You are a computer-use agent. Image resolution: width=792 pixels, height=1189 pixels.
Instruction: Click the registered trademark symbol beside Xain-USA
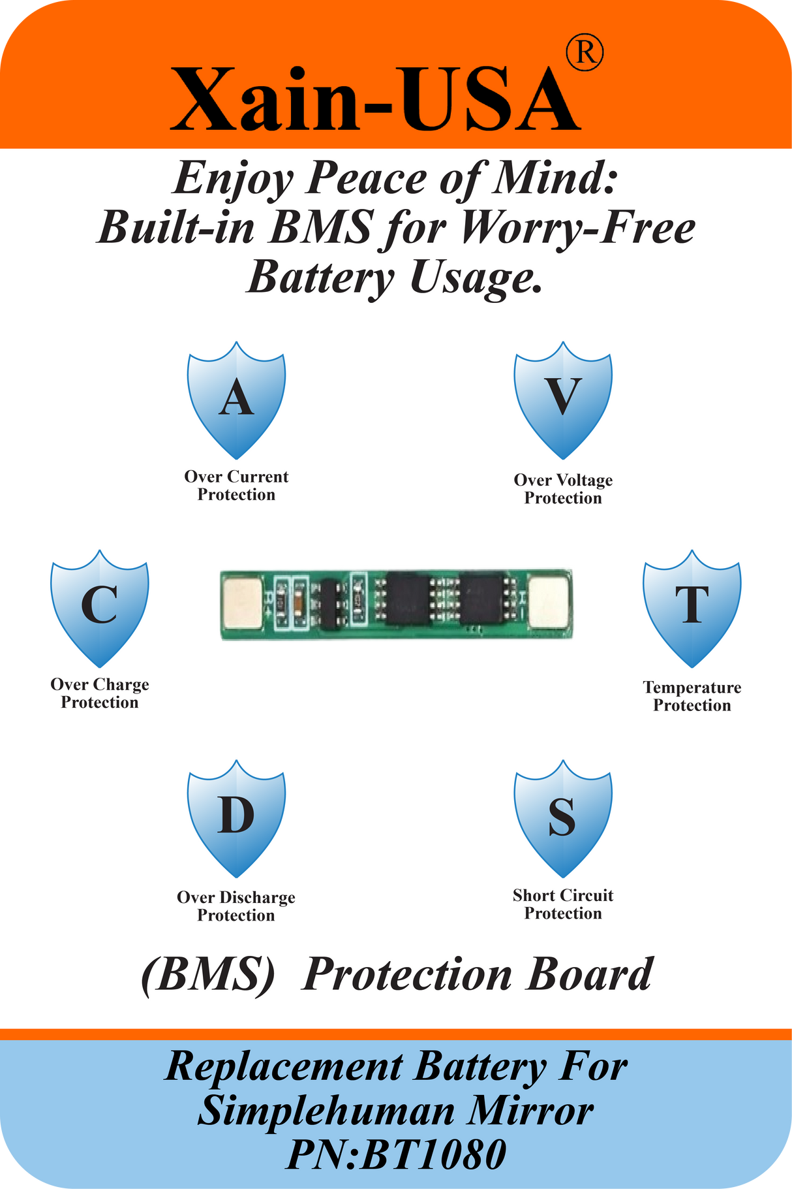click(585, 54)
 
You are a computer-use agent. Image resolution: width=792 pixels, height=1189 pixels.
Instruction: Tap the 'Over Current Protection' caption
click(236, 486)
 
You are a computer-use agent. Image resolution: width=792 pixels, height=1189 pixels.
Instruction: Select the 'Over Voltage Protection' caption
click(563, 489)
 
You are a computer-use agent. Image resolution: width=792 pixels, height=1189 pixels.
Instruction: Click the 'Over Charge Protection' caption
click(100, 693)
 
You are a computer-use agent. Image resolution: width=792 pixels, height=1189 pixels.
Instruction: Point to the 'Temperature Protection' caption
click(692, 696)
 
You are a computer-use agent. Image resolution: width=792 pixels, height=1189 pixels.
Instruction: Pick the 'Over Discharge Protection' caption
click(236, 906)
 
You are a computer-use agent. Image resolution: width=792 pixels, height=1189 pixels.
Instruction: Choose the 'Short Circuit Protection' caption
click(563, 904)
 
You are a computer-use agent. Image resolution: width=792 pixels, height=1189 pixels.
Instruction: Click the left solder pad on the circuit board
click(243, 602)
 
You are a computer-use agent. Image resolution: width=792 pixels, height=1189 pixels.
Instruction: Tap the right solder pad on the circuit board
click(548, 602)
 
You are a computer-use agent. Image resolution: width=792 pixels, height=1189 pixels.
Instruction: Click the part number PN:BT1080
click(396, 1154)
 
